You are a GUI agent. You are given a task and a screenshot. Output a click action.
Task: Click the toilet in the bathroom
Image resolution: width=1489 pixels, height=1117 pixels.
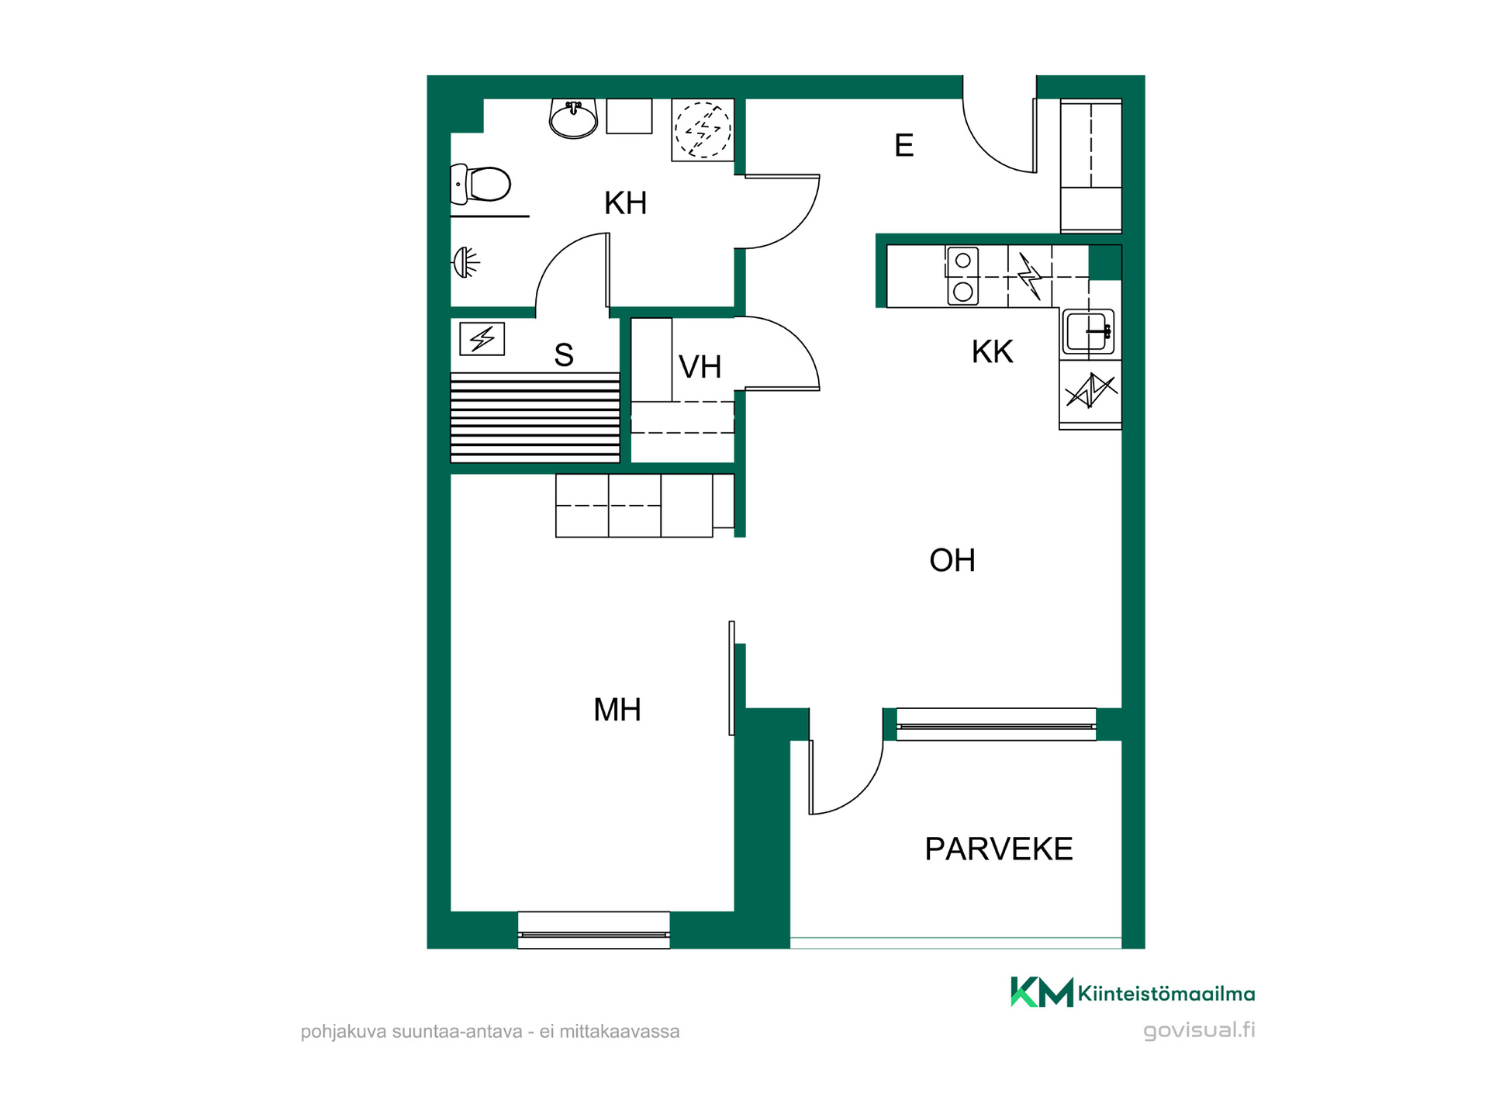pos(480,185)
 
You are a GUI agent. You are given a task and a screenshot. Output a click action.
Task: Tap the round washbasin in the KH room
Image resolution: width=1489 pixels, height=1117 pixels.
pos(573,119)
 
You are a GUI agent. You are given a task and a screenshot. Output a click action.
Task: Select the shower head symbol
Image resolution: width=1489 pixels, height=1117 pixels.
pos(465,262)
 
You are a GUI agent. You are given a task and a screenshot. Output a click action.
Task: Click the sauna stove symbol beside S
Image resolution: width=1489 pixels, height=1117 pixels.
pos(482,339)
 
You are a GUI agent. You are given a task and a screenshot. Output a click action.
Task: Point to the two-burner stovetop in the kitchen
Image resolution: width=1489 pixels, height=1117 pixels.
pos(962,276)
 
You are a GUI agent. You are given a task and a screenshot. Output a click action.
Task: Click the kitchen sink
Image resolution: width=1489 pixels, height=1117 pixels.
pos(1089,332)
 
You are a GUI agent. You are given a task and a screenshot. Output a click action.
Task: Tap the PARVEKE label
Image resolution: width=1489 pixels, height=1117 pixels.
pos(999,849)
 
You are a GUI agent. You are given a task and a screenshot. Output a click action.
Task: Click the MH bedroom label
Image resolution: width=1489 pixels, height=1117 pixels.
pos(617,710)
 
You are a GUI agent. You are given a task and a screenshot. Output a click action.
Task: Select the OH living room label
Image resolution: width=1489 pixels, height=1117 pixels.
pos(952,560)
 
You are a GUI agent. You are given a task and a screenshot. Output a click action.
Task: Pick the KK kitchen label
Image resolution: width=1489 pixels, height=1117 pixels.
pos(993,352)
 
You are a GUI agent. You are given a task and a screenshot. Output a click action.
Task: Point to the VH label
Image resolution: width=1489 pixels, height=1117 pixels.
pos(700,367)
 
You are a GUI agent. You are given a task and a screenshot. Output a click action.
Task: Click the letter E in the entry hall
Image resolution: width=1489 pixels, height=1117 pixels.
pos(904,145)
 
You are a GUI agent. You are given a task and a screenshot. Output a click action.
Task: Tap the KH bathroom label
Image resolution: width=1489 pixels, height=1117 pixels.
pos(626,203)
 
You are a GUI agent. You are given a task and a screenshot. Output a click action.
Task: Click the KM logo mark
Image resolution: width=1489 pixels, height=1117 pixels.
pos(1042,992)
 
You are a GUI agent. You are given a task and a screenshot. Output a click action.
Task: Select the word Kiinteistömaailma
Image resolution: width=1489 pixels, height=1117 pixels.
pos(1166,994)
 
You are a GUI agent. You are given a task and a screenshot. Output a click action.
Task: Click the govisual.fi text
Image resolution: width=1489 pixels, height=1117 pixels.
pos(1200,1030)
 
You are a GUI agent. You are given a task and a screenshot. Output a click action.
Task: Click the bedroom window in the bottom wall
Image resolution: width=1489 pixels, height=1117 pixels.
pos(594,930)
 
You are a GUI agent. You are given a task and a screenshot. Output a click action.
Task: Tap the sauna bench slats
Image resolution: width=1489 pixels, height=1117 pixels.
pos(535,418)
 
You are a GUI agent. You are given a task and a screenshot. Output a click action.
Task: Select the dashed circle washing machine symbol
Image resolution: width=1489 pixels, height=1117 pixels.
pos(703,130)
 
